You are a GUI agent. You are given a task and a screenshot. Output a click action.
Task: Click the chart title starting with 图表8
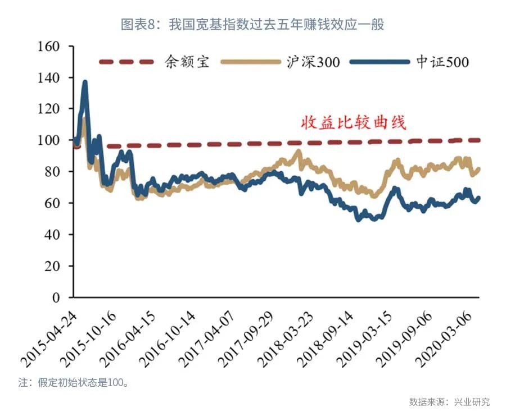tap(252, 24)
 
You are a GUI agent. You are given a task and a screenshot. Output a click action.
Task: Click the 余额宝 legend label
tap(187, 61)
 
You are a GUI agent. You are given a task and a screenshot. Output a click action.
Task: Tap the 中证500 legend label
tap(441, 62)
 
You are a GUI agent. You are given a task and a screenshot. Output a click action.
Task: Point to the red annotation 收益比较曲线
tap(354, 122)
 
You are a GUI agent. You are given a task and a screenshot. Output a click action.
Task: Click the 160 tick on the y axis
tap(48, 46)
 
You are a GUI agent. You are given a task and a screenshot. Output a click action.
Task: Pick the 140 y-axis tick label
tap(48, 77)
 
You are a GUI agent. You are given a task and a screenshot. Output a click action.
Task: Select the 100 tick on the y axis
tap(48, 140)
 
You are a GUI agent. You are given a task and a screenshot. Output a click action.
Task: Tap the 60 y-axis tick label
tap(52, 203)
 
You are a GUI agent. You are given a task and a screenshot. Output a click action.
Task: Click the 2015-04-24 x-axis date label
tap(51, 337)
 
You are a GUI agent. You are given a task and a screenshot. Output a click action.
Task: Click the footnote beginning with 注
tap(74, 383)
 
